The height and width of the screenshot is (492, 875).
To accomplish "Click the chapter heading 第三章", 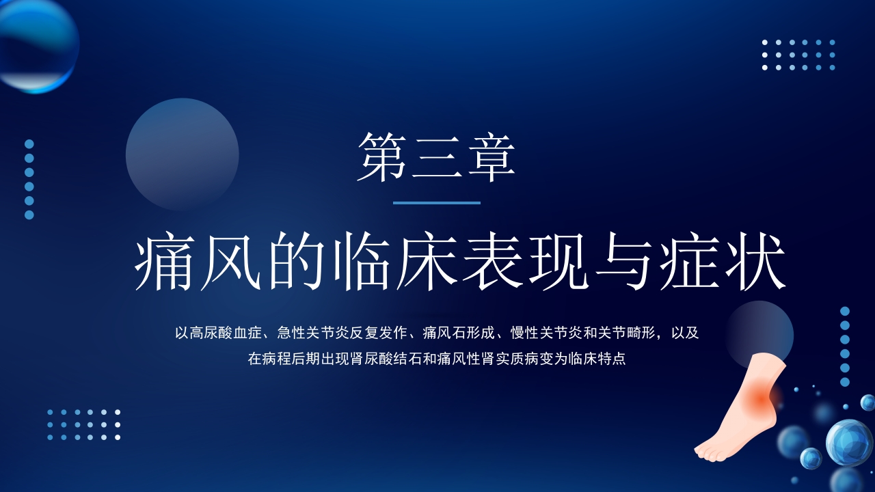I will pyautogui.click(x=436, y=157).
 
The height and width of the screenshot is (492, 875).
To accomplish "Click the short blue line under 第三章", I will pyautogui.click(x=437, y=203).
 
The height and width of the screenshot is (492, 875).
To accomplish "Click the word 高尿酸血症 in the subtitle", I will pyautogui.click(x=226, y=333).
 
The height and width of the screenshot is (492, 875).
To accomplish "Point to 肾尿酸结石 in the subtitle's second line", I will pyautogui.click(x=378, y=359).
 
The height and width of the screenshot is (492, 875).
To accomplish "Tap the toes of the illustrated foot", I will pyautogui.click(x=708, y=451).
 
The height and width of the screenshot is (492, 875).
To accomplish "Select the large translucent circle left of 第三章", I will pyautogui.click(x=182, y=154).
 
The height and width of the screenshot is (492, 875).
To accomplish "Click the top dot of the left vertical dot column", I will pyautogui.click(x=29, y=143).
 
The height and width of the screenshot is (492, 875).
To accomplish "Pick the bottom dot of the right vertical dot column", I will pyautogui.click(x=845, y=382).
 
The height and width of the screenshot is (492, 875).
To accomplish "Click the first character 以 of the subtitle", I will pyautogui.click(x=181, y=333).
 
